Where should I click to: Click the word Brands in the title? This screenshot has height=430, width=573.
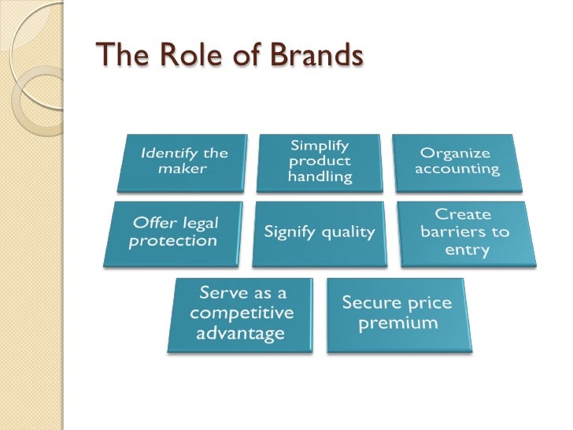[316, 56]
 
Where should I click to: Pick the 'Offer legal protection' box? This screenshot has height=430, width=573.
[173, 232]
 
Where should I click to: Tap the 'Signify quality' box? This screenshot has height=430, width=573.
[319, 232]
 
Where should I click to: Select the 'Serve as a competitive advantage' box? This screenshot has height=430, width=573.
[240, 313]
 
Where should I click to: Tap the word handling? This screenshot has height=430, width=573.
[320, 177]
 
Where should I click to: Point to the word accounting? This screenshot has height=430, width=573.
[458, 169]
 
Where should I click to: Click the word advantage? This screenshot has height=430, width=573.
[240, 333]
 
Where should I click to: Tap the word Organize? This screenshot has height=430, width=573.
[455, 153]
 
